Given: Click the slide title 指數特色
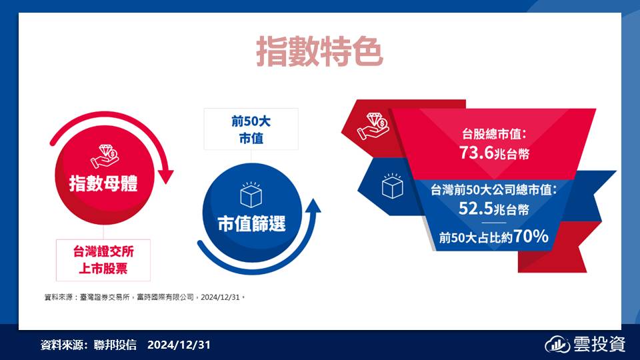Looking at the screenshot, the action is coord(319,52).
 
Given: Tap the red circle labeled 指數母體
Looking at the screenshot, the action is coord(105,175).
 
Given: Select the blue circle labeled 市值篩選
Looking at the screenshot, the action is coord(252,212).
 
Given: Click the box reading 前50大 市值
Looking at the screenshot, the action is coord(251,129).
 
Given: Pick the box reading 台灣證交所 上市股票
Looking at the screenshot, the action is coord(103,260).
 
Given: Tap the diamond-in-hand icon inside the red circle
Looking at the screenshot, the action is coord(105,156).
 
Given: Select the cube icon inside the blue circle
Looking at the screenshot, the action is coord(251,194).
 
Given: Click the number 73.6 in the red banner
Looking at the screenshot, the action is coord(476,153).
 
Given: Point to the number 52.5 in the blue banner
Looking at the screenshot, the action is coord(476,209).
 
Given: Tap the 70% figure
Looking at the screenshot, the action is coord(531,236).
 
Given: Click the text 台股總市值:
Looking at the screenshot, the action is coord(494,134).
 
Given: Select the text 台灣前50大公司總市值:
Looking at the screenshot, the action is coord(494,190).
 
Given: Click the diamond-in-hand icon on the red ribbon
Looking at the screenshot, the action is coord(373,127).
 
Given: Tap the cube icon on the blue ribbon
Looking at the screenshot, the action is coord(392,186).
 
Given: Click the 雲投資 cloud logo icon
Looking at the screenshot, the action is coord(557,345).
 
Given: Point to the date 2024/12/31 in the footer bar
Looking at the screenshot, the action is coord(179,345).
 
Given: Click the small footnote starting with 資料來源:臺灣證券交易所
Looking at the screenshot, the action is coord(145,297).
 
